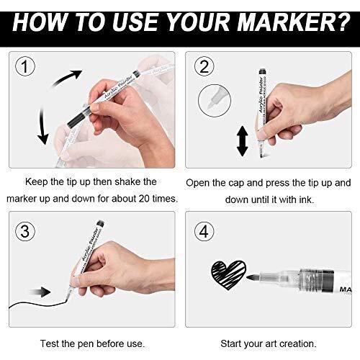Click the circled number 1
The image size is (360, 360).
click(25, 66)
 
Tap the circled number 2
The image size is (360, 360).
click(204, 66)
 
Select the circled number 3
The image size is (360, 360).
click(25, 231)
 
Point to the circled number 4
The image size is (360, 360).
click(204, 231)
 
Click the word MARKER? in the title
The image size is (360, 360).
click(294, 22)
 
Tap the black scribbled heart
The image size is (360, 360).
click(228, 275)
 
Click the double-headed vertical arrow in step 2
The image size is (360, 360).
click(243, 141)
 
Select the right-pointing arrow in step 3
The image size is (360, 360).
click(40, 292)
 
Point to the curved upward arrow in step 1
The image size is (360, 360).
click(66, 77)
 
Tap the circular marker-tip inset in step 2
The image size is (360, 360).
click(215, 101)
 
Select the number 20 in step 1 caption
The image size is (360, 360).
click(144, 199)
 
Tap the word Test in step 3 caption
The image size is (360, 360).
click(50, 343)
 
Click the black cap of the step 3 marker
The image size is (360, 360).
click(101, 223)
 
